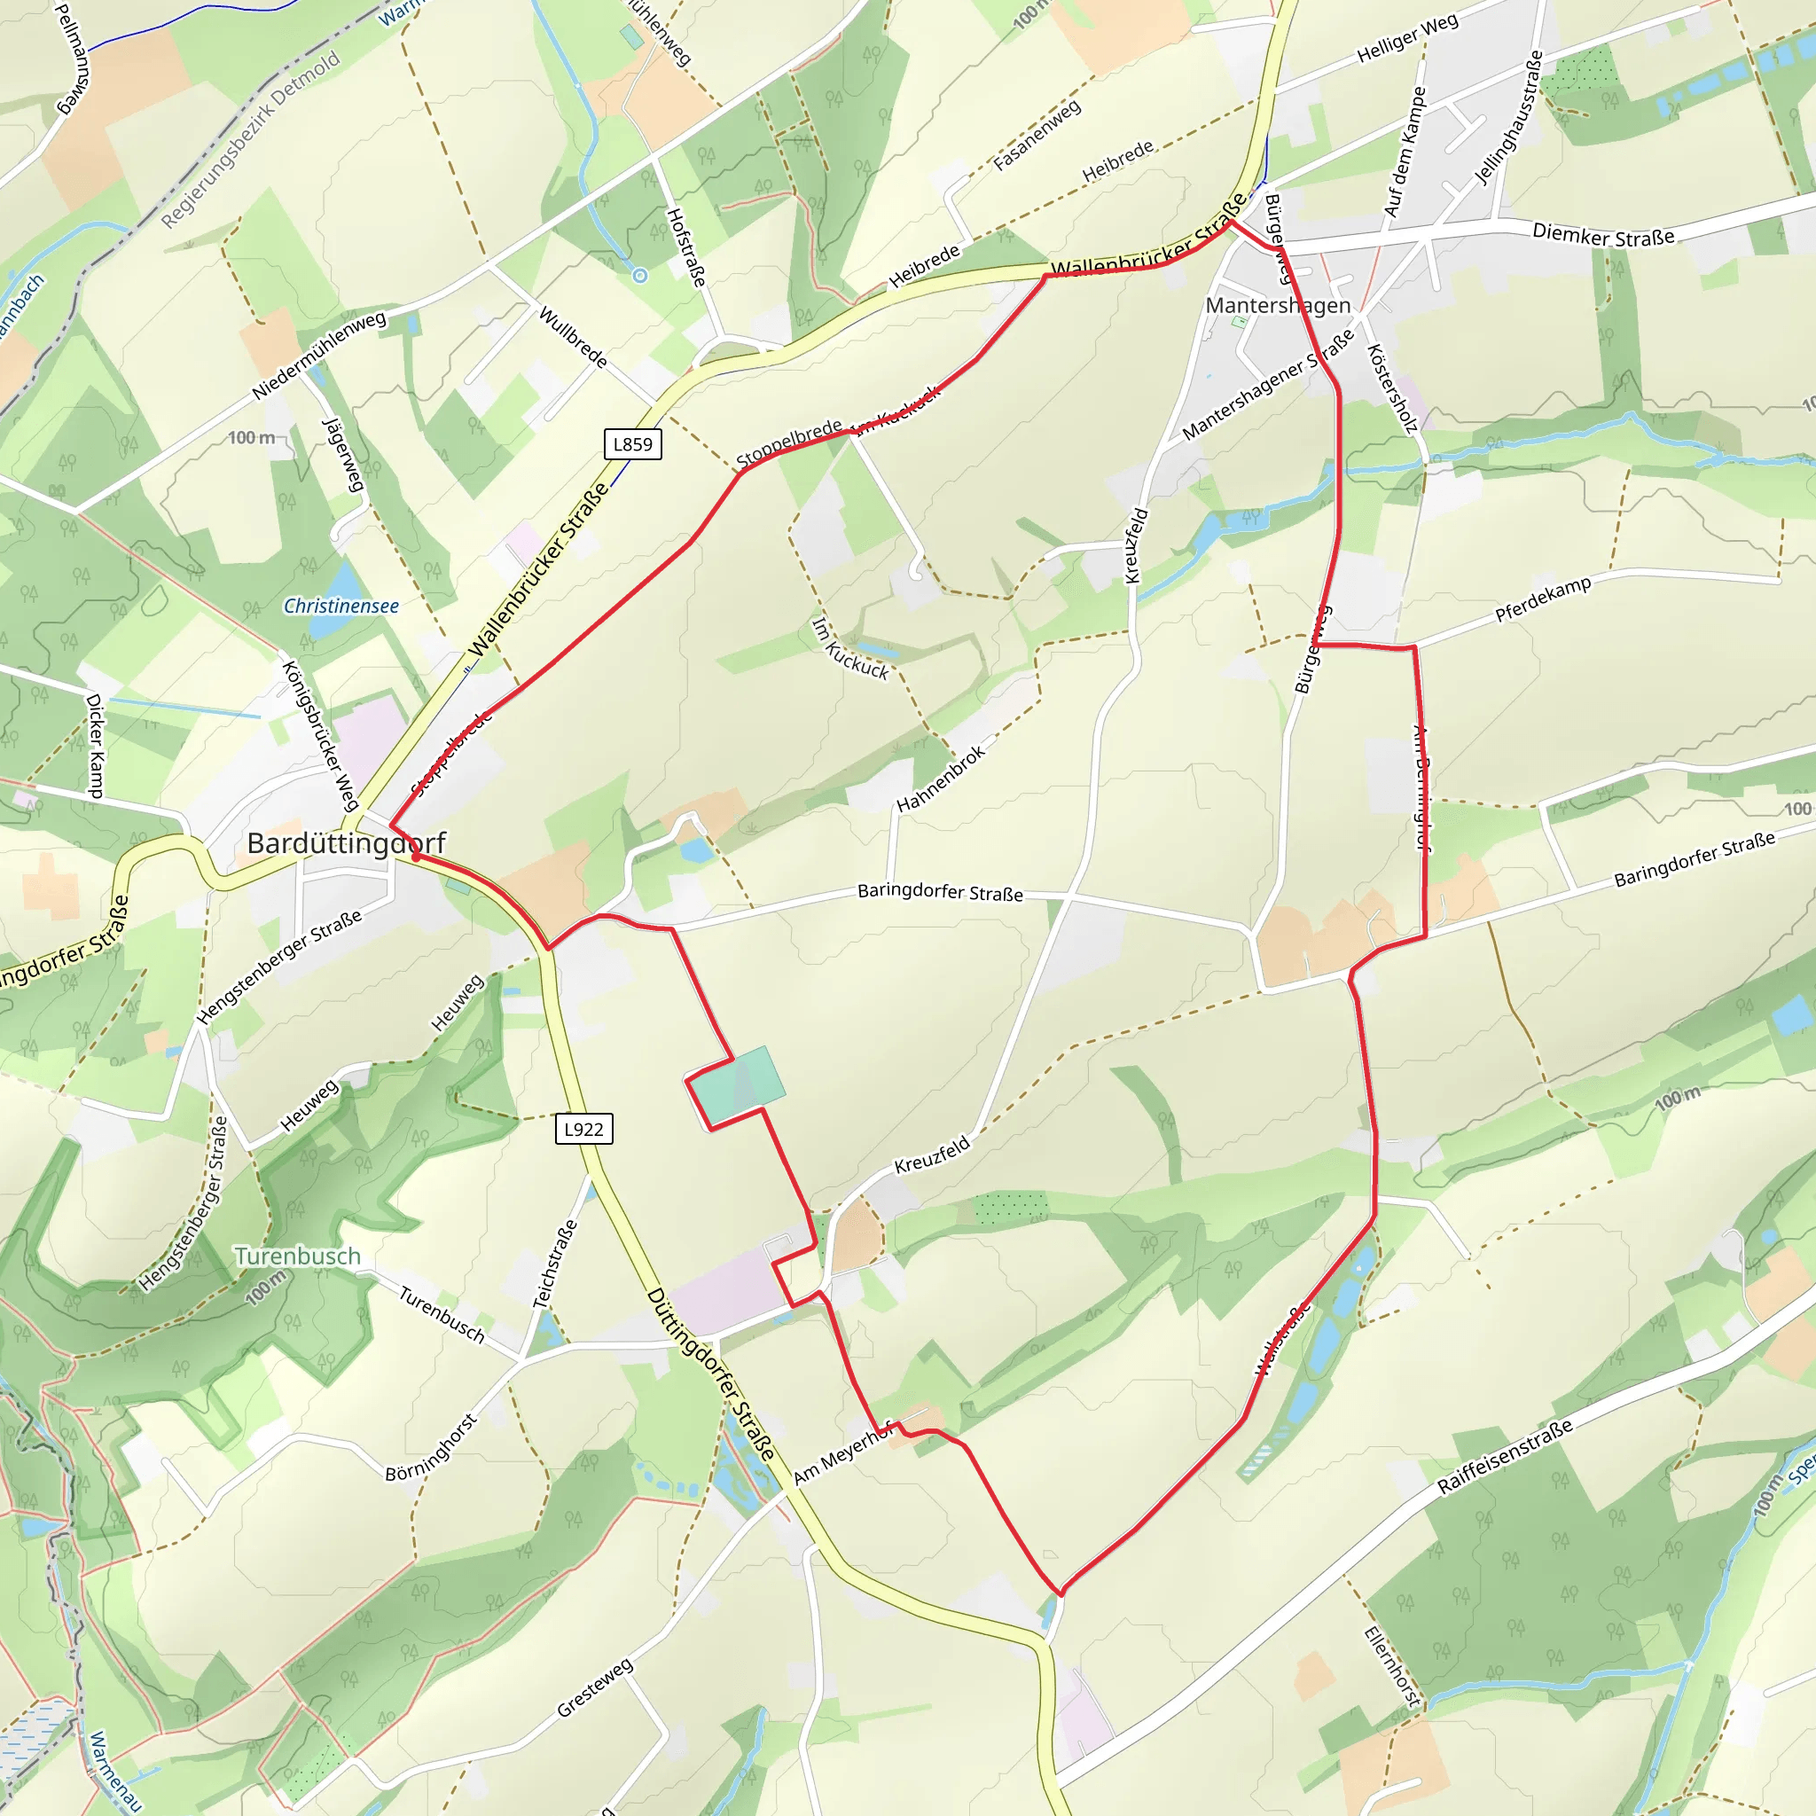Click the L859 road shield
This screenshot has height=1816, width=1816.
coord(632,444)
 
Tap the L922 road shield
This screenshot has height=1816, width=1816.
coord(583,1129)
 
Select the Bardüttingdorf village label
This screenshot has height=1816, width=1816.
coord(346,843)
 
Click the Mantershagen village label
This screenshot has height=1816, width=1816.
coord(1279,306)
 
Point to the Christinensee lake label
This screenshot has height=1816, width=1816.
coord(341,607)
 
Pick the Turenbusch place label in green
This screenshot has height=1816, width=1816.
coord(297,1256)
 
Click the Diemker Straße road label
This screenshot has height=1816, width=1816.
coord(1603,235)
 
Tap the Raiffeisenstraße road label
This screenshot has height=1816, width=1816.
coord(1505,1456)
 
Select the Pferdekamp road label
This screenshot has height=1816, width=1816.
coord(1544,599)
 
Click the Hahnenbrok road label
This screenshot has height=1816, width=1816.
coord(941,779)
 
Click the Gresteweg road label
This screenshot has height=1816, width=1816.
coord(595,1688)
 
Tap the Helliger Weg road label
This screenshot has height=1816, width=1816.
coord(1407,38)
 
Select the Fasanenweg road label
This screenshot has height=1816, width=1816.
coord(1037,136)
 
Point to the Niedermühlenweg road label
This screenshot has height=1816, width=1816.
coord(318,355)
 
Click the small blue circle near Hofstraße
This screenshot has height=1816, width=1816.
coord(640,276)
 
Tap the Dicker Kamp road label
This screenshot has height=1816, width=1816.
coord(94,747)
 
